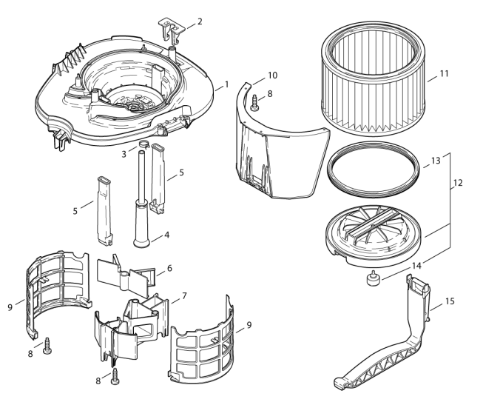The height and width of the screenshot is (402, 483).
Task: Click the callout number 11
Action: (444, 74)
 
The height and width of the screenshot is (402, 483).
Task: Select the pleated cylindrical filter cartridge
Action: (374, 78)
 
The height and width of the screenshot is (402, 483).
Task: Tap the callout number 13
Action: (436, 161)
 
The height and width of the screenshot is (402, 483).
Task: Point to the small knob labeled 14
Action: (374, 278)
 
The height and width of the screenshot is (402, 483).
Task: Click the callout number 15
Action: (450, 301)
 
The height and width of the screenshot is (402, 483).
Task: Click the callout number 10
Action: (273, 76)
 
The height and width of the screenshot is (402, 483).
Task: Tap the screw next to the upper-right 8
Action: (254, 103)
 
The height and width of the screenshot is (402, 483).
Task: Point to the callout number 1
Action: (227, 84)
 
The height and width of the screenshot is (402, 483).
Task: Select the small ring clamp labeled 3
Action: (143, 143)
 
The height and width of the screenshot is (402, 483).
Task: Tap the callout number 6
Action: (169, 268)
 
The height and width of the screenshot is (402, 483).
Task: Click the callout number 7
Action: (184, 296)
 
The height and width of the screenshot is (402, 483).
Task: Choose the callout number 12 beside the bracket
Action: (458, 183)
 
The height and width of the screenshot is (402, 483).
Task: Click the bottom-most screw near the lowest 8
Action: (115, 376)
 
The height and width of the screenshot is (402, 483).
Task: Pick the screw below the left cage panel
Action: (47, 346)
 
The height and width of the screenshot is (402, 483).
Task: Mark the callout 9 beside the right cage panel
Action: (249, 325)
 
